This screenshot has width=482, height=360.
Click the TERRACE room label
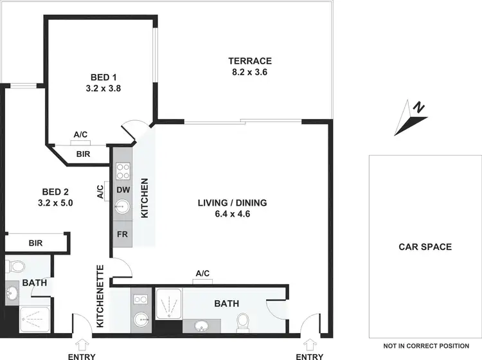pos(250,61)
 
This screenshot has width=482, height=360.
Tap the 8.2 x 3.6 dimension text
pos(250,73)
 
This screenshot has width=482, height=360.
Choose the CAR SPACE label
pos(425,246)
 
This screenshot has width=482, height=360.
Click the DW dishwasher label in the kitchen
pos(123,190)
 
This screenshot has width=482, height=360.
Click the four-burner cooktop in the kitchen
pos(123,171)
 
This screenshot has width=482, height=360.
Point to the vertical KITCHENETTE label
pos(100,296)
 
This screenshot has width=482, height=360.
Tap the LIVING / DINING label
pos(232,203)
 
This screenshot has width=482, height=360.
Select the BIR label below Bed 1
pos(83,154)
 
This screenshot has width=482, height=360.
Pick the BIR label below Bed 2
pos(35,244)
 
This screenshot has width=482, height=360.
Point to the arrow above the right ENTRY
pos(309,342)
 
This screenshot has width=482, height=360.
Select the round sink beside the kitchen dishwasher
pos(123,207)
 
